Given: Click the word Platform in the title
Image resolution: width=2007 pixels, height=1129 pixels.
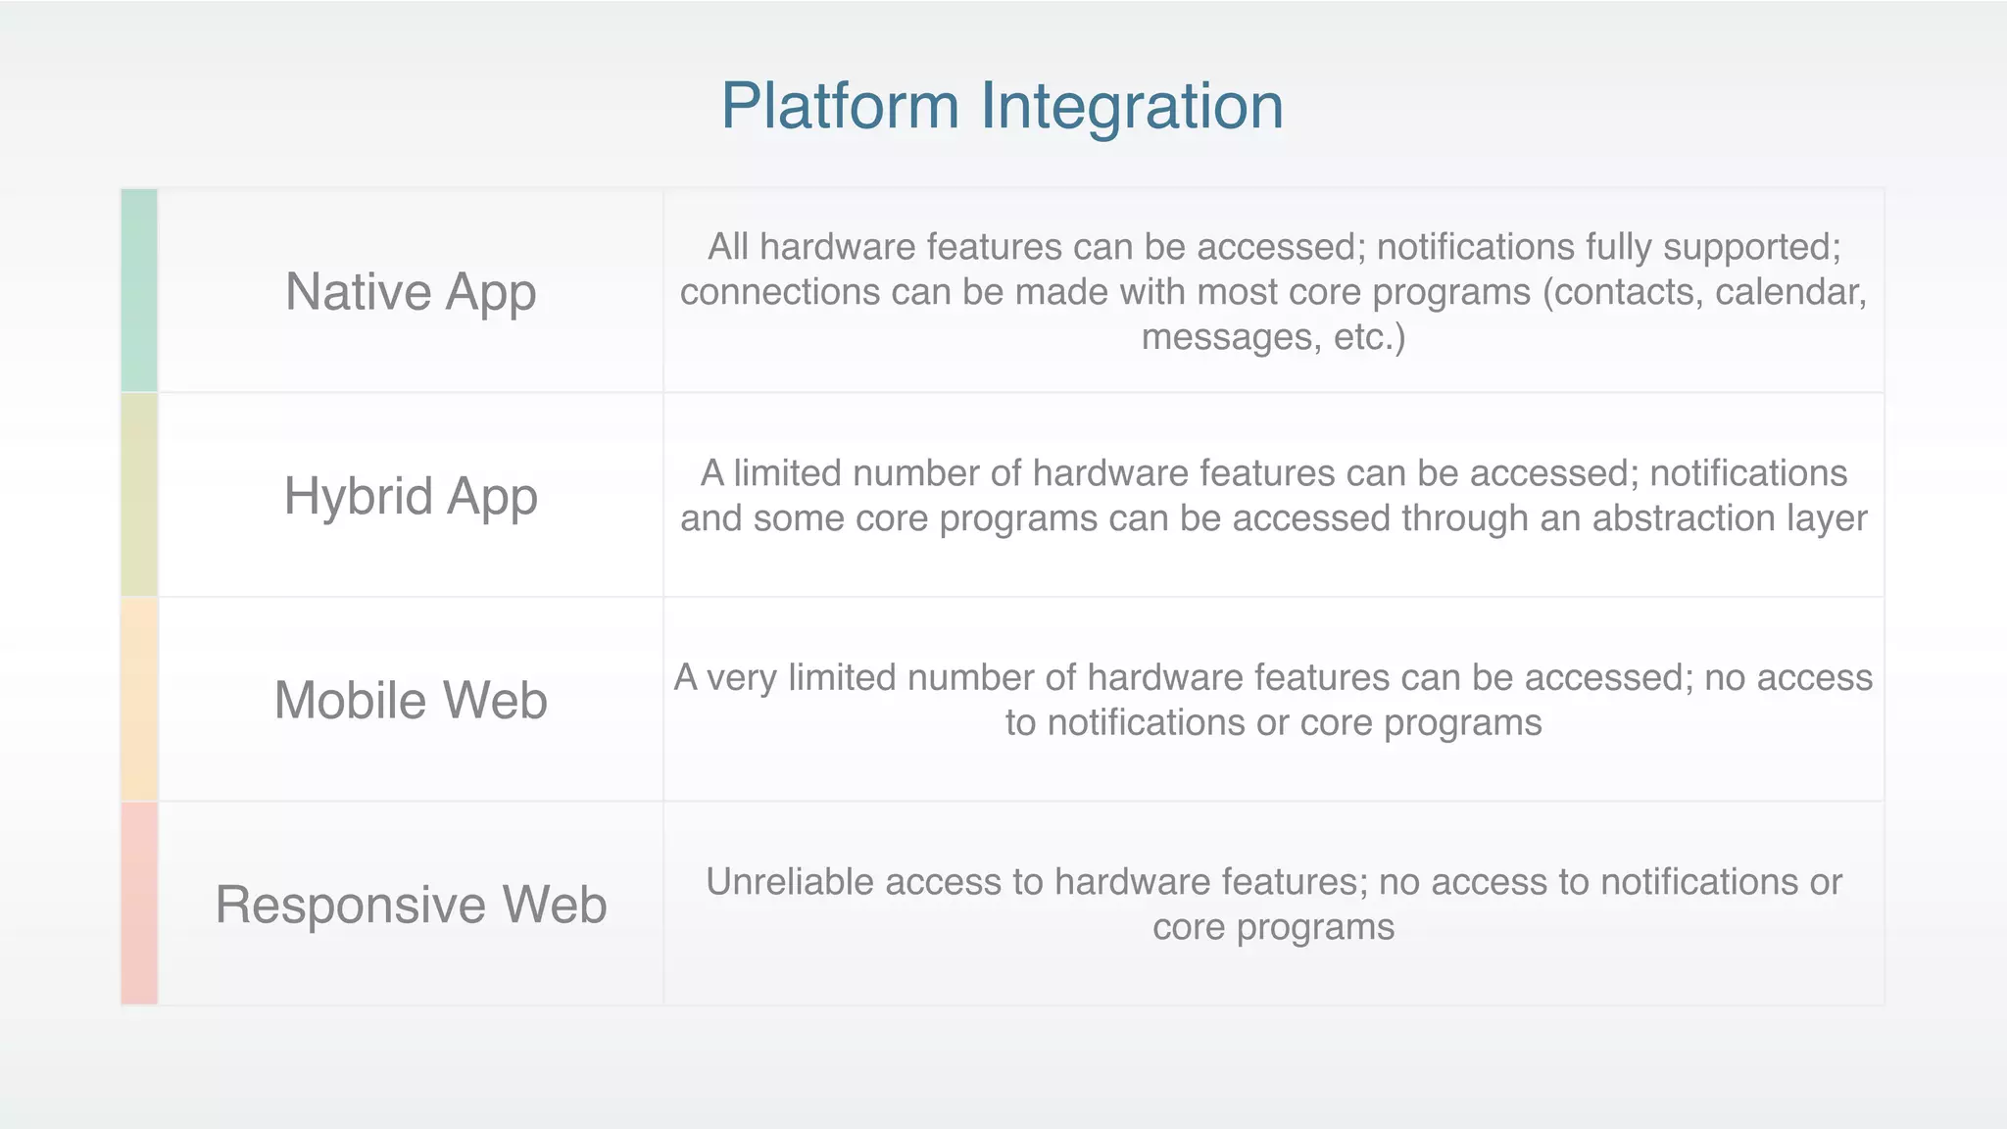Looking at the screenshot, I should pos(840,106).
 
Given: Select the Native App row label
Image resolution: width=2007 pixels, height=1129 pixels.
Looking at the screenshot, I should pos(411,291).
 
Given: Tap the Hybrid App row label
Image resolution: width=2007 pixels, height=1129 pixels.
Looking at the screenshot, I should pos(411,496).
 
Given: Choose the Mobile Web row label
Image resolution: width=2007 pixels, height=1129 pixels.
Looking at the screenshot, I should pos(411,700).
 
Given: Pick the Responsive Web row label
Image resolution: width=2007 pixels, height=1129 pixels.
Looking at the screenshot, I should pos(411,904).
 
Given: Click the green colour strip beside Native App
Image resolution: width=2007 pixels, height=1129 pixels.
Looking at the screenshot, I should pos(139,291).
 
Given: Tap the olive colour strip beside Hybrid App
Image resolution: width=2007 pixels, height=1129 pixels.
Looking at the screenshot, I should pos(139,495).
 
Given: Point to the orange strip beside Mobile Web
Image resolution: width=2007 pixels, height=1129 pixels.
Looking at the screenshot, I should pos(139,699).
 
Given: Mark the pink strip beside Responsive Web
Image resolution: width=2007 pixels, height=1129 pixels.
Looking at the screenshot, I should pos(139,903).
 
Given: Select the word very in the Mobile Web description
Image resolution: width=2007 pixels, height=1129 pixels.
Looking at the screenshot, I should pos(742,678).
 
